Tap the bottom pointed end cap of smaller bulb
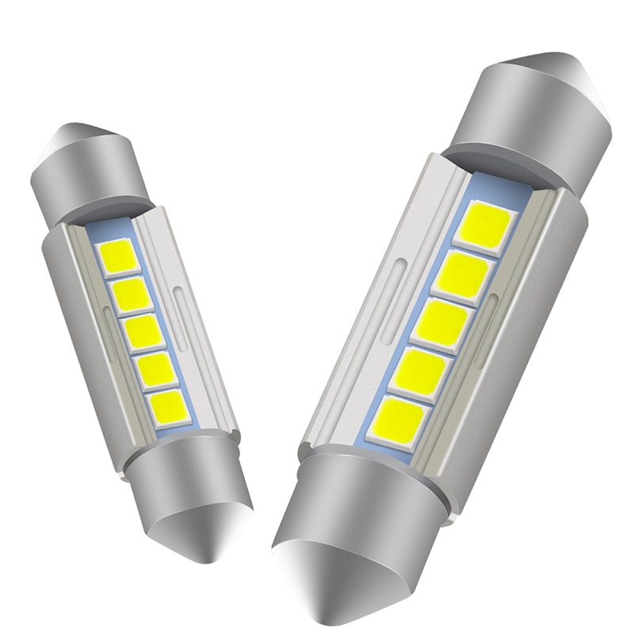pyautogui.click(x=202, y=507)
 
